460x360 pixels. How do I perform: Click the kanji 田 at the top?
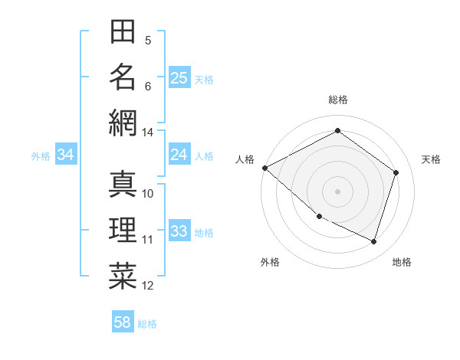coord(123,32)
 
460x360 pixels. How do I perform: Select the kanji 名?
coord(123,77)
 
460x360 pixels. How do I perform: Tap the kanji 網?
coord(123,123)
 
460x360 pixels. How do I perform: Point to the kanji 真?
coord(123,184)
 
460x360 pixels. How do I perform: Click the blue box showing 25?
coord(179,78)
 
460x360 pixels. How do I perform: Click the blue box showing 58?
coord(122,323)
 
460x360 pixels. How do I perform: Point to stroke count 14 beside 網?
coord(148,133)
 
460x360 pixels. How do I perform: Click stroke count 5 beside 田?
coord(148,40)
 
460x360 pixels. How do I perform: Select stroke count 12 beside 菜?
coord(148,286)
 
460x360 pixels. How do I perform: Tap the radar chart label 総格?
coord(337,100)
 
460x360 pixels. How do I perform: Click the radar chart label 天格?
coord(431,159)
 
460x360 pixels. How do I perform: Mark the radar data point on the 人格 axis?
coord(264,168)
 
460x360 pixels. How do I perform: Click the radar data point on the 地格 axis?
coord(373,241)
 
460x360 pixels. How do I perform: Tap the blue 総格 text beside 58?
coord(147,324)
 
